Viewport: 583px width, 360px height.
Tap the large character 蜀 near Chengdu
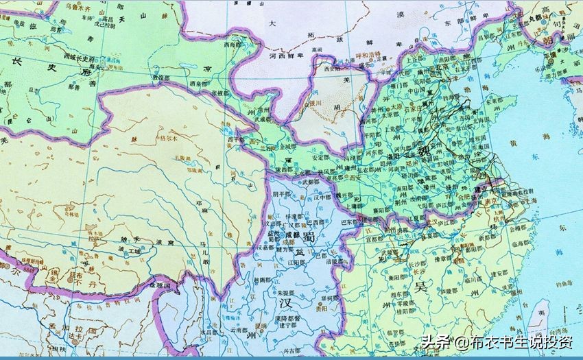[309, 237]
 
